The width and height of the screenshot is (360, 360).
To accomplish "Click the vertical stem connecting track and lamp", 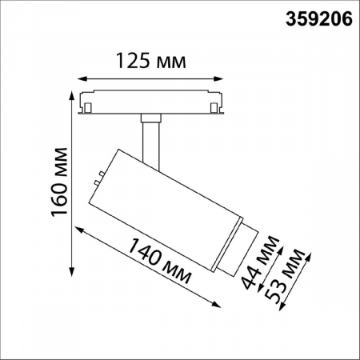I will (150, 137).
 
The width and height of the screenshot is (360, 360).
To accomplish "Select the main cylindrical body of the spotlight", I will (163, 204).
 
